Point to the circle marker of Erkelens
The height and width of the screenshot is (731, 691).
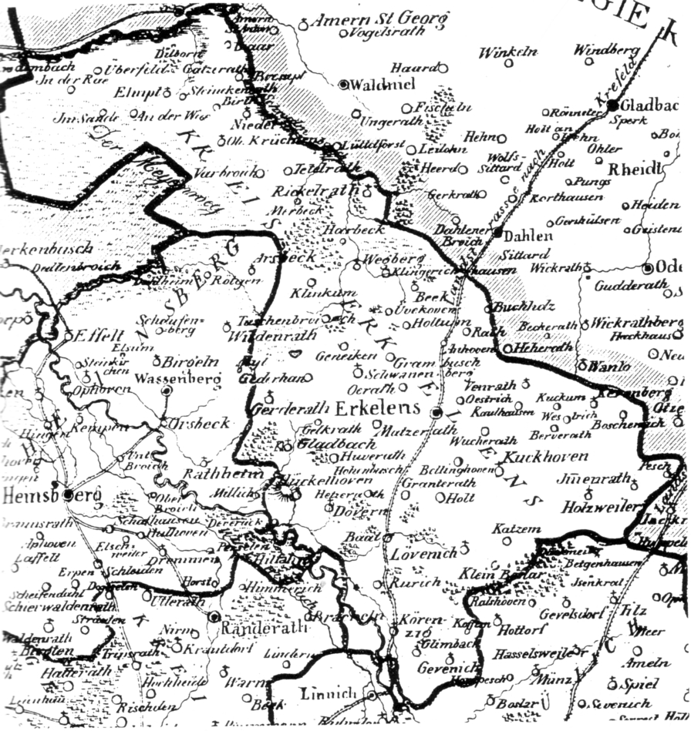[437, 413]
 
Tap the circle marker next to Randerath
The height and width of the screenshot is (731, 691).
[214, 617]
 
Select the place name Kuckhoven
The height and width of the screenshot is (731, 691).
[545, 457]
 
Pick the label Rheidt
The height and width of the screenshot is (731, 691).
[635, 169]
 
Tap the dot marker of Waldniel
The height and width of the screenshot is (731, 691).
[344, 84]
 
